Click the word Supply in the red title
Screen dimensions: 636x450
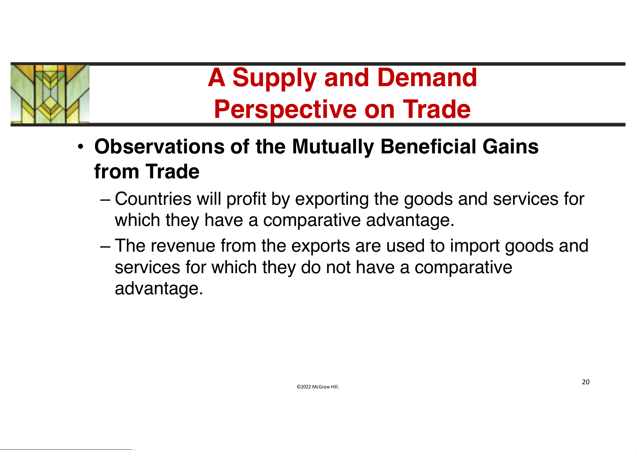click(274, 78)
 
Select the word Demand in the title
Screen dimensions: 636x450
click(427, 77)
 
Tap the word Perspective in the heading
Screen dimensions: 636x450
click(285, 110)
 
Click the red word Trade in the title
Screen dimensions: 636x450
click(437, 109)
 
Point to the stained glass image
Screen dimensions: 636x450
click(50, 94)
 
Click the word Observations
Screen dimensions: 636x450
click(159, 147)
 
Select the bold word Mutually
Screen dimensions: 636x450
click(333, 147)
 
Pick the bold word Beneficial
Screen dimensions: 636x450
click(428, 147)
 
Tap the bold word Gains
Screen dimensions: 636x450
click(510, 147)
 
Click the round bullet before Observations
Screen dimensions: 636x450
click(81, 147)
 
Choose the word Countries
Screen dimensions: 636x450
click(153, 199)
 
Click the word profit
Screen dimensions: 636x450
click(246, 199)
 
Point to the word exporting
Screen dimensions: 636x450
click(332, 199)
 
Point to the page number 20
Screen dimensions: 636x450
click(585, 382)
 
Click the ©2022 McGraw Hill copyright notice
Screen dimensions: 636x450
click(318, 387)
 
